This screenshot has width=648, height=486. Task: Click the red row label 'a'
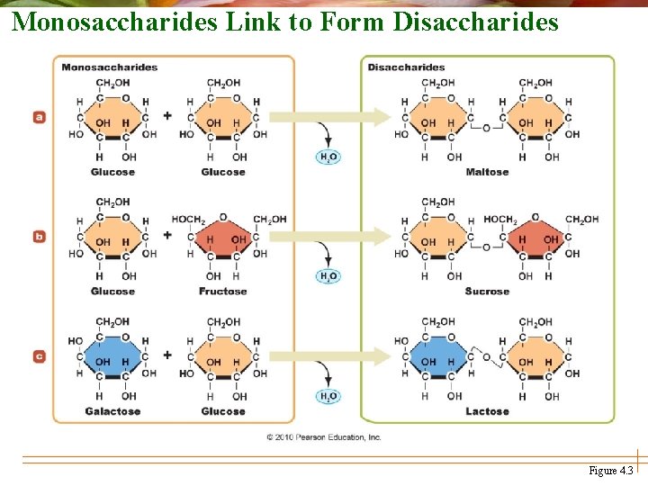pos(39,117)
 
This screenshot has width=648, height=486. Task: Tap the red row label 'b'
pos(39,237)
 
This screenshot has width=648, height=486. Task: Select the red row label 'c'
pos(39,356)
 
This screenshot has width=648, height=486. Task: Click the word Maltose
pos(487,172)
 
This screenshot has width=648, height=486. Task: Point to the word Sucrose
pos(487,292)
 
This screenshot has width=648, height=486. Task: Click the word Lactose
pos(487,411)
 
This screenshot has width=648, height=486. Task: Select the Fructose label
pos(222,292)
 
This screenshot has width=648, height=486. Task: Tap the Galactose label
pos(112,411)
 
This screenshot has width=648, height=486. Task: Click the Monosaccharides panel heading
pos(109,67)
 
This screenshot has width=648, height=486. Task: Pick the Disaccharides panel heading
pos(406,67)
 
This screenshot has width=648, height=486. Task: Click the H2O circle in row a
pos(328,157)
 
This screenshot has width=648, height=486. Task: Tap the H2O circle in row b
pos(328,276)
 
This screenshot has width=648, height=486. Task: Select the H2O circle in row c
pos(328,396)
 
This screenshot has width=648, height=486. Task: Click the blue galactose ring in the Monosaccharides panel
pos(113,360)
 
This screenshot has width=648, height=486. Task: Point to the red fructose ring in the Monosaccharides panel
pos(223,240)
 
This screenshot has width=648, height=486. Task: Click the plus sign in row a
pos(167,115)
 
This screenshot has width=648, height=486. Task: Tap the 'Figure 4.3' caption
pos(610,471)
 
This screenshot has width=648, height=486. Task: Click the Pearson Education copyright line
pos(324,437)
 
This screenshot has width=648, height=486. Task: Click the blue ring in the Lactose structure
pos(437,360)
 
